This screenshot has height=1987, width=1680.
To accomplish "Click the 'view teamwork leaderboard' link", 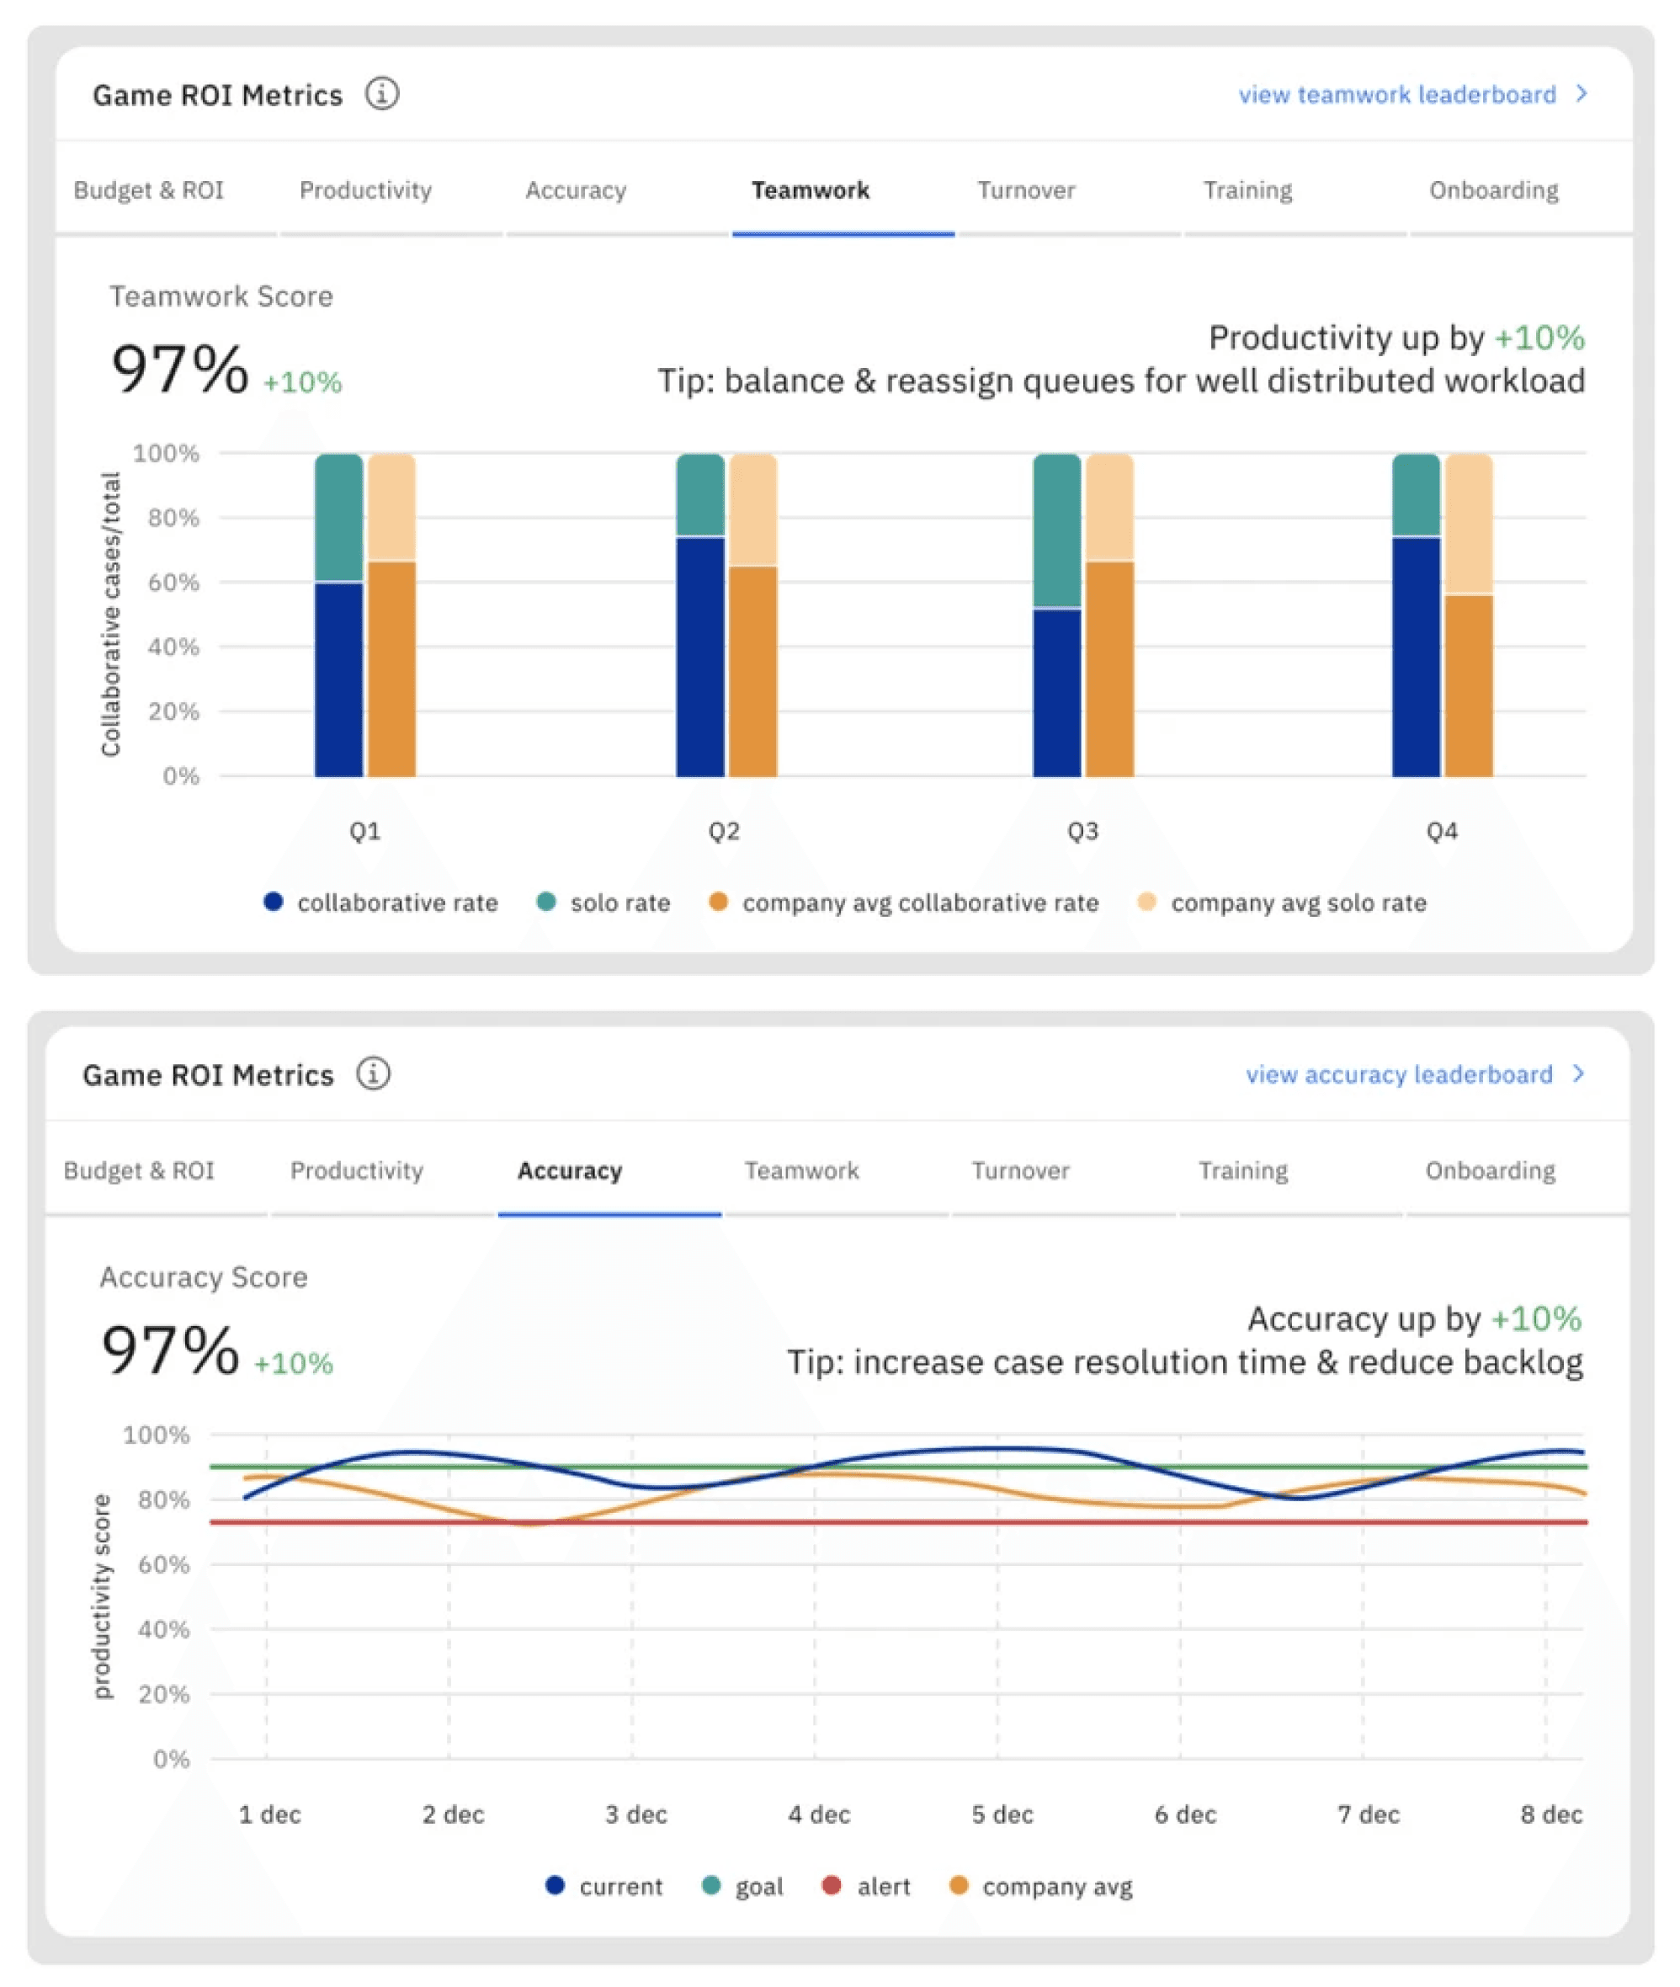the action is point(1396,94).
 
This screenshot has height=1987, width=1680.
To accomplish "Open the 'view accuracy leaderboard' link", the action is point(1399,1074).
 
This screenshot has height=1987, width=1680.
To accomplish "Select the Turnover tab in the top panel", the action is point(1026,190).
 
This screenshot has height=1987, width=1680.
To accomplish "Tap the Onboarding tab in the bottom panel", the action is point(1490,1170).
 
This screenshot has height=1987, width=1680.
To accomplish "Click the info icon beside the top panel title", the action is point(382,94).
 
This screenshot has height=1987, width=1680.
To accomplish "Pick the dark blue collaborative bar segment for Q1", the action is point(339,679).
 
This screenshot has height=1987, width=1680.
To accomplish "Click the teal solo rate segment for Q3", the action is point(1057,530).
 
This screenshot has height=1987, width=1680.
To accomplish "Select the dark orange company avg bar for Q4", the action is point(1469,686).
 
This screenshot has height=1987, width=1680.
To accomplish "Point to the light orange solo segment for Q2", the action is point(753,509).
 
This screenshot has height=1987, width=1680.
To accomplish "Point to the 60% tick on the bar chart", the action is point(173,582).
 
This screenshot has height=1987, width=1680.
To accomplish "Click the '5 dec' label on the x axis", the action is point(1002,1814).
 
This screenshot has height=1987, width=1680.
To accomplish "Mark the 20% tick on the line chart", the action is point(164,1694).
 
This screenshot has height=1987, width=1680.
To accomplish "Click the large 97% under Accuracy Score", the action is point(171,1350).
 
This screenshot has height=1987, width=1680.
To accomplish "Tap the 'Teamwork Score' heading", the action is point(221,296).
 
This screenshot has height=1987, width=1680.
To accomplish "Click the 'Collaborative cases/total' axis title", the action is point(111,615).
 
